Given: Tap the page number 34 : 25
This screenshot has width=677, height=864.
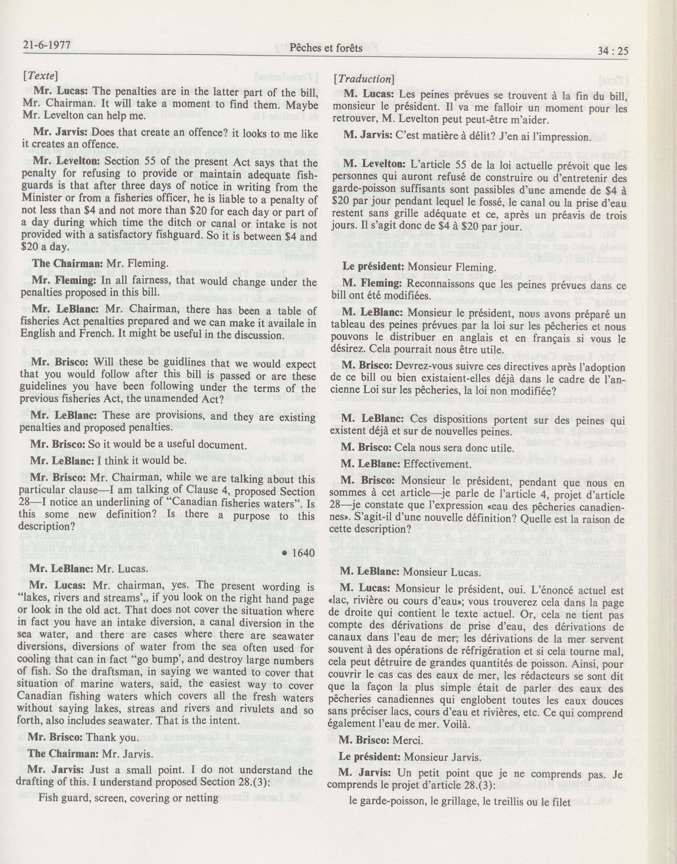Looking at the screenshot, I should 612,50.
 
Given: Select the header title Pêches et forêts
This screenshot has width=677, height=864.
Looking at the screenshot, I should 326,48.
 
